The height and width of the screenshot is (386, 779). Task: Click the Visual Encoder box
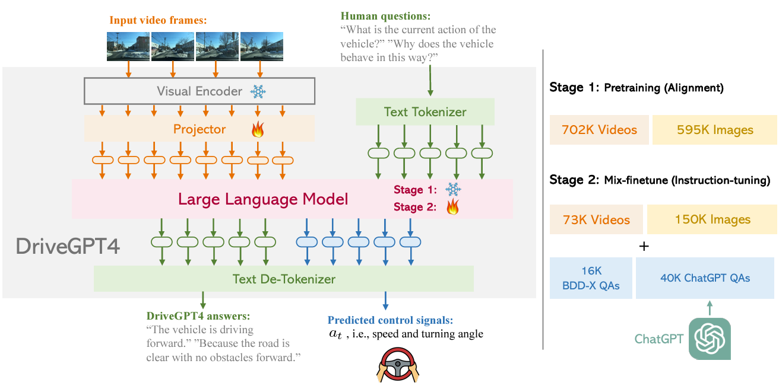click(199, 91)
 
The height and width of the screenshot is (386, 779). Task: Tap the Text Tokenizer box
click(425, 111)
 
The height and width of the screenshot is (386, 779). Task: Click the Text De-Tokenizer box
click(283, 279)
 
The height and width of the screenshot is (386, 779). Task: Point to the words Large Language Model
click(264, 199)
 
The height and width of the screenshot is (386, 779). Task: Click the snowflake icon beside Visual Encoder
click(258, 92)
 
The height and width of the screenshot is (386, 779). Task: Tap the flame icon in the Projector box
click(258, 129)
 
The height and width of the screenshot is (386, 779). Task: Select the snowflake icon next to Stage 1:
click(453, 190)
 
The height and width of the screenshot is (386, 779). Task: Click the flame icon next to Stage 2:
click(453, 207)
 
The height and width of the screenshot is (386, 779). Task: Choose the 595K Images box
click(714, 130)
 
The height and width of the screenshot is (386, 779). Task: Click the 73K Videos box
click(596, 219)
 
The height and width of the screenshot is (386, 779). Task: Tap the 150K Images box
click(712, 219)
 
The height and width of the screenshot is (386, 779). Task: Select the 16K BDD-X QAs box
click(591, 278)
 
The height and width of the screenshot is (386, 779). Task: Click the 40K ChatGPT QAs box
click(705, 277)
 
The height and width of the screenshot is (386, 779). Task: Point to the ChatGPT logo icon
click(710, 339)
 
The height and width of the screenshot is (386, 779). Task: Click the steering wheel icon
click(398, 365)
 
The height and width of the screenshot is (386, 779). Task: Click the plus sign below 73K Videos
click(642, 245)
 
